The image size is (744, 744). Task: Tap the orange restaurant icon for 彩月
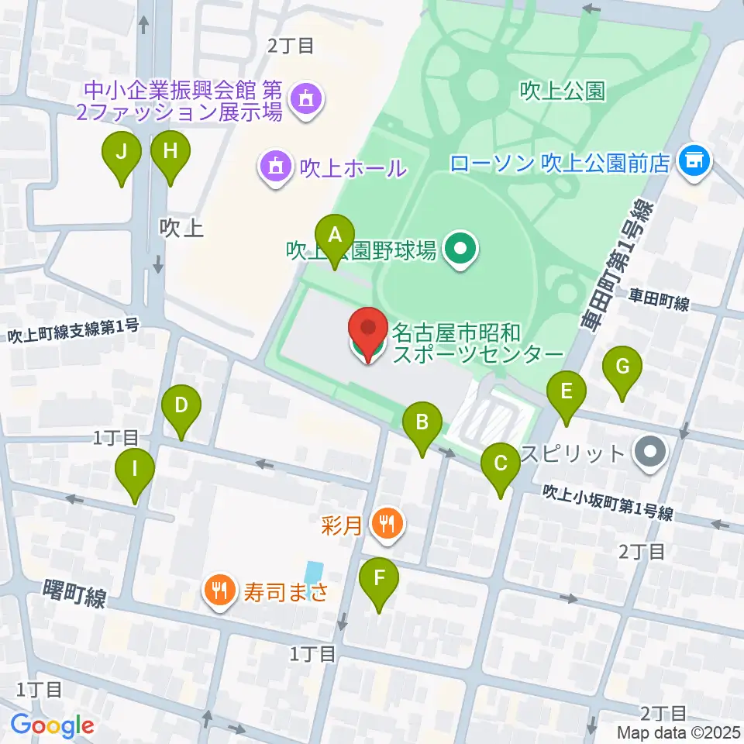[386, 525]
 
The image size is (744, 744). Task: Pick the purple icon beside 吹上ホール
[275, 166]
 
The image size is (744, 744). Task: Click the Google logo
[52, 725]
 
